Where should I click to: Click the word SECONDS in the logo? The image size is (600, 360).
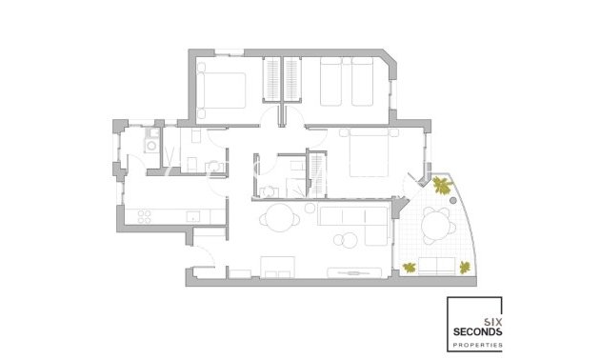pos(480,330)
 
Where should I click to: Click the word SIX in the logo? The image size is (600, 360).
pos(492,320)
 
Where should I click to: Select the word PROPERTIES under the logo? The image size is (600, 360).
pos(480,343)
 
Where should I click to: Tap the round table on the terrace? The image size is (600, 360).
pos(438,227)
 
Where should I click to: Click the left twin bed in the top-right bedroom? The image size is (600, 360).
pos(331,82)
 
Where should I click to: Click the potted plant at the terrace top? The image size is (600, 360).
pos(442,185)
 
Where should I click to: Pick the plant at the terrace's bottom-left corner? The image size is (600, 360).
pos(410,268)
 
